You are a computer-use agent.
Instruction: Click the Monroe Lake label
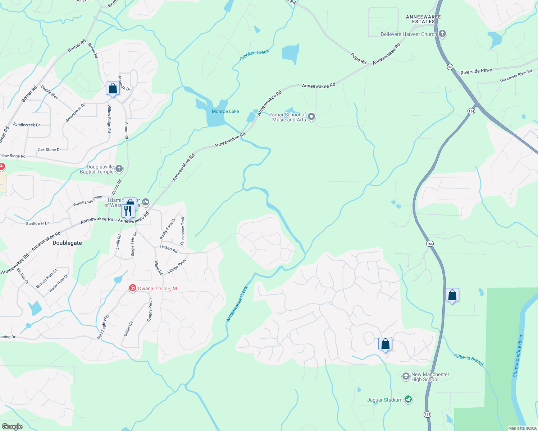[x=225, y=111]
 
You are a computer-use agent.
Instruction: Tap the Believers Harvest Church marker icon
[x=442, y=34]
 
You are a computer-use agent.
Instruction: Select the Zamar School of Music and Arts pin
[x=311, y=117]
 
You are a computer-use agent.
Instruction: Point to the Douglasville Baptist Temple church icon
[x=119, y=168]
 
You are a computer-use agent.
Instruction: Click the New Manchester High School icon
[x=406, y=376]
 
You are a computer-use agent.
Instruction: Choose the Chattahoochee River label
[x=518, y=356]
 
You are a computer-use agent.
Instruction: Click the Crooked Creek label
[x=254, y=55]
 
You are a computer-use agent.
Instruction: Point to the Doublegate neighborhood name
[x=67, y=243]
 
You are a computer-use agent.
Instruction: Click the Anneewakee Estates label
[x=423, y=19]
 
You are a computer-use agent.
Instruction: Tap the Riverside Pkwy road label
[x=476, y=71]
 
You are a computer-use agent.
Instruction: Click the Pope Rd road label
[x=359, y=59]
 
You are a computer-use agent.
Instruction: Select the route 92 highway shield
[x=450, y=67]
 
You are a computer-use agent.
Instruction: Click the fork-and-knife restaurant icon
[x=128, y=210]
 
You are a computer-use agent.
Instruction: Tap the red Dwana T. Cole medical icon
[x=132, y=288]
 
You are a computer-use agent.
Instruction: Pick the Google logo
[x=12, y=426]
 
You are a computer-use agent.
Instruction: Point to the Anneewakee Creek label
[x=237, y=303]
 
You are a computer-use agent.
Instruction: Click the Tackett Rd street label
[x=168, y=249]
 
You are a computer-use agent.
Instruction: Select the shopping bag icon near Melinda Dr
[x=113, y=88]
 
